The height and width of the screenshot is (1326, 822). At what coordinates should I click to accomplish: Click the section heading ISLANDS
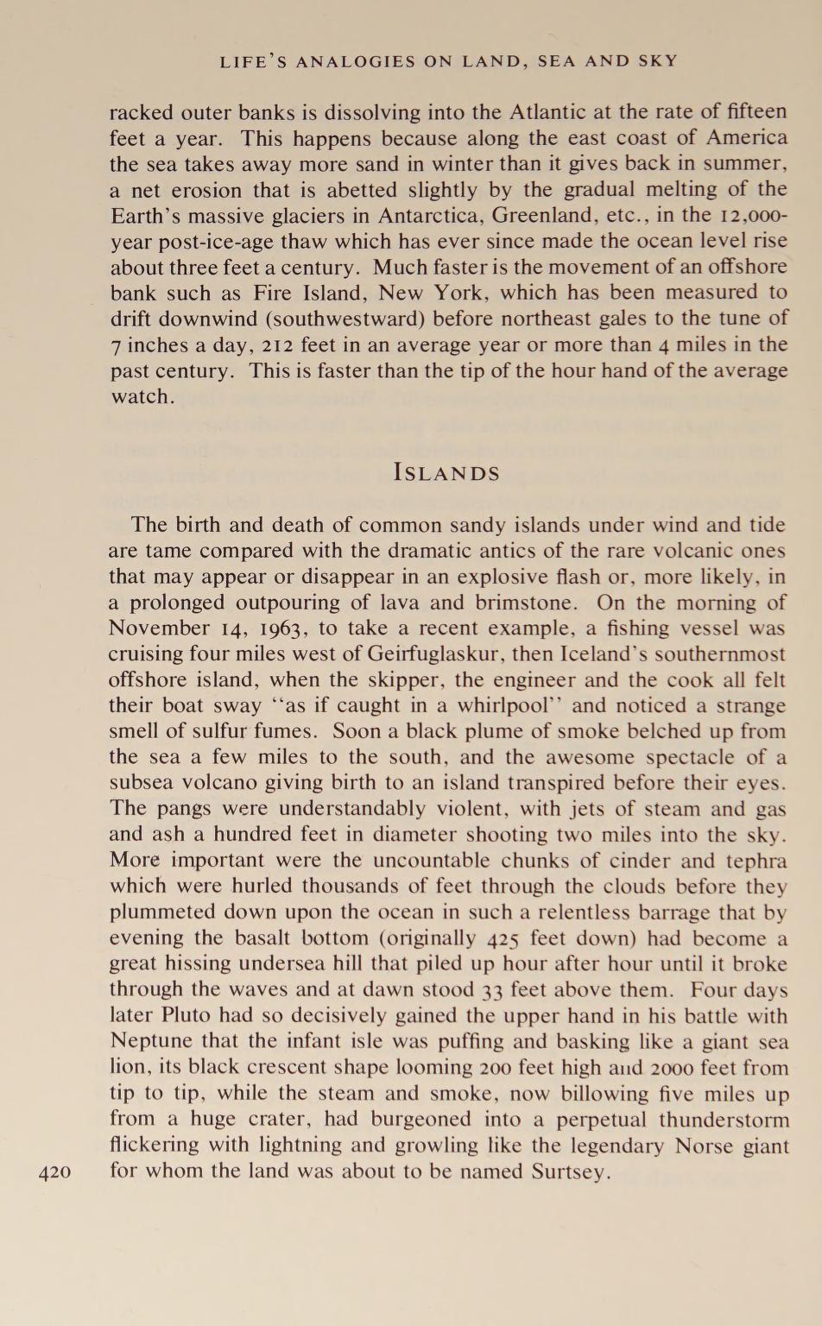[x=446, y=473]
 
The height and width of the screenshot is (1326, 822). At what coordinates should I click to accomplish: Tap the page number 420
[x=55, y=1172]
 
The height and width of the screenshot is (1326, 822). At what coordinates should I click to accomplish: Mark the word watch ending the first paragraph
[x=140, y=396]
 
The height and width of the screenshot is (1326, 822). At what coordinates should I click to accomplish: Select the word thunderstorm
[x=724, y=1120]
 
